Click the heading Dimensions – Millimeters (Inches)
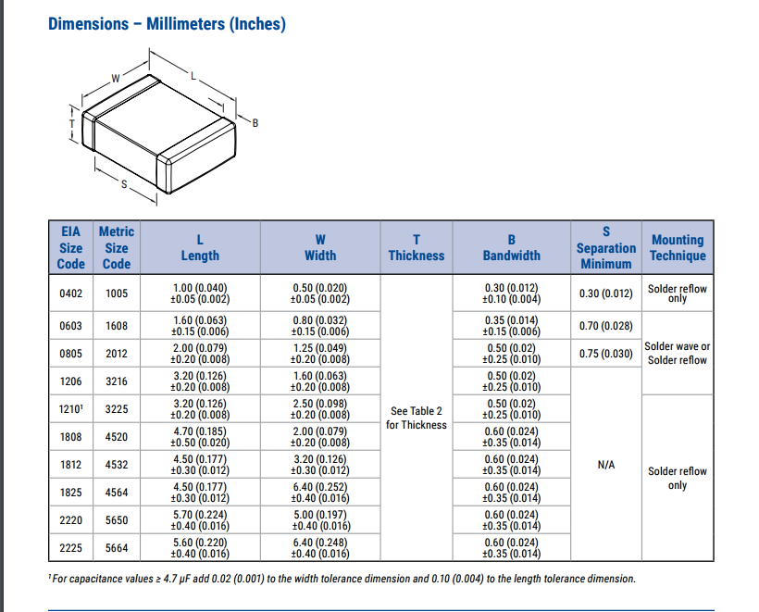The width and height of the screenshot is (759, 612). [x=167, y=24]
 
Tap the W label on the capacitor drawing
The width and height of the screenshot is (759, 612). [x=115, y=79]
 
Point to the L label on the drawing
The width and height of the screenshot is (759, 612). [x=193, y=76]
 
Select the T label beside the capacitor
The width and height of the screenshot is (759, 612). [x=72, y=124]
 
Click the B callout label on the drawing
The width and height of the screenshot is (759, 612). [x=255, y=123]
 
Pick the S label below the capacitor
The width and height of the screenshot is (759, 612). [x=124, y=184]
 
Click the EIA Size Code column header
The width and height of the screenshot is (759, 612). [x=70, y=248]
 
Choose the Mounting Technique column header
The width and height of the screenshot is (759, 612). [x=678, y=247]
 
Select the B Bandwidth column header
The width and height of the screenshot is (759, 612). [x=512, y=247]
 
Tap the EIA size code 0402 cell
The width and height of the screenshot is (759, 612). [x=70, y=294]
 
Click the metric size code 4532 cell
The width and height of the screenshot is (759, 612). [x=117, y=465]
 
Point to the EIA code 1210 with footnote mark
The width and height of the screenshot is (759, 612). [x=70, y=409]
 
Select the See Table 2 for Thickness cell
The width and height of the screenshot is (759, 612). [x=417, y=418]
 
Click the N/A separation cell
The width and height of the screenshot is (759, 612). [x=606, y=465]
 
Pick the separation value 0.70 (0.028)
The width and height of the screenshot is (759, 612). [x=606, y=326]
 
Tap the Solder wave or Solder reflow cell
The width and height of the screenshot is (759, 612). [x=678, y=353]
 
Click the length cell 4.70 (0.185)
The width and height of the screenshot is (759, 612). [x=200, y=437]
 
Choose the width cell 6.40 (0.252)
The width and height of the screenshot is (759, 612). [x=320, y=493]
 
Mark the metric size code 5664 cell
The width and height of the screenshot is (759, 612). [x=117, y=548]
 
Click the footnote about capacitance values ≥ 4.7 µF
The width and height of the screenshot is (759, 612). [x=342, y=579]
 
